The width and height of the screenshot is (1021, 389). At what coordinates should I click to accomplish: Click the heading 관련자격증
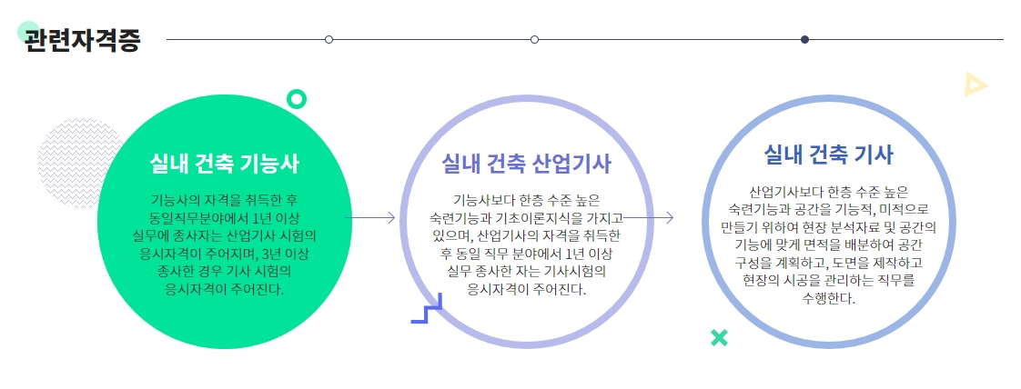83,41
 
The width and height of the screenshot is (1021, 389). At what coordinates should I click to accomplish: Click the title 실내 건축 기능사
225,164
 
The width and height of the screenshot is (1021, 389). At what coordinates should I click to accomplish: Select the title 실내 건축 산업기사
526,163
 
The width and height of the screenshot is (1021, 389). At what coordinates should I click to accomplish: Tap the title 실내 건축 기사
829,154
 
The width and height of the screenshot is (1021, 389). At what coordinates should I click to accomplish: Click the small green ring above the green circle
296,98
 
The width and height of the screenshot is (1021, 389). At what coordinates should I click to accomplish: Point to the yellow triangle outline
975,85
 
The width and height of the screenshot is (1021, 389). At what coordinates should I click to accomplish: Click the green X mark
719,338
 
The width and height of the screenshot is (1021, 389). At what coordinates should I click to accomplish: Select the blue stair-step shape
426,309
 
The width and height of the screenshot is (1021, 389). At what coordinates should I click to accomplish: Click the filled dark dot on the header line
804,39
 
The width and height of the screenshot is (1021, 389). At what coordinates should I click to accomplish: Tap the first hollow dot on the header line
329,39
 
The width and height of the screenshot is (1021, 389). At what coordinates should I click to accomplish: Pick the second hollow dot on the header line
534,39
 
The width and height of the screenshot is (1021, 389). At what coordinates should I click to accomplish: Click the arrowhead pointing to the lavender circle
391,217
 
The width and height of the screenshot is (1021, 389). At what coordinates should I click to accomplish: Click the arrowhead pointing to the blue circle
670,217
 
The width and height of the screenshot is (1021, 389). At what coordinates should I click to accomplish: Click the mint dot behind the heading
27,31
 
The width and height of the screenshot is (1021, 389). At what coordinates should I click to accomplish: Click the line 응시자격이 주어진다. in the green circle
225,290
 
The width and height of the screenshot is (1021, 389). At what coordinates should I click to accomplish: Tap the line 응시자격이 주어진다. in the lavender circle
527,290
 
